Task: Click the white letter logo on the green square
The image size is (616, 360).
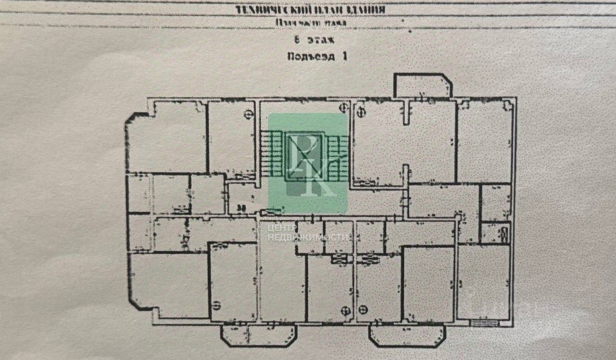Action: [308, 164]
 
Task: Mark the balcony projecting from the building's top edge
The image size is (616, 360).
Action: [422, 86]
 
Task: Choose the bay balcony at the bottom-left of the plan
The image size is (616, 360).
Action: [258, 335]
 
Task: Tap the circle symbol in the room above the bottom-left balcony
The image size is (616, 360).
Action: [217, 304]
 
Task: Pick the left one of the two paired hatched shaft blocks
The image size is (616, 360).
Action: [340, 260]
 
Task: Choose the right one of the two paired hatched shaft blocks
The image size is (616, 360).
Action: [368, 259]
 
